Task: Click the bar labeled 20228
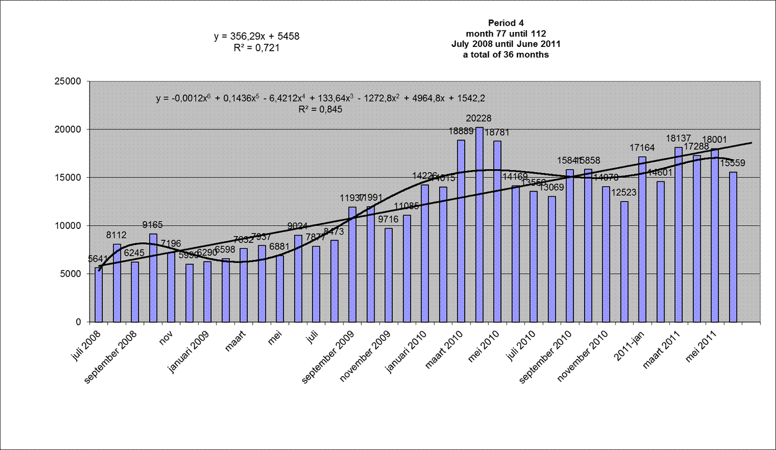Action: (479, 224)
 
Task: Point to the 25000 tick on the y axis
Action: (69, 81)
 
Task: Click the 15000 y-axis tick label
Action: (69, 178)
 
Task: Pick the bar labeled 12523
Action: (624, 261)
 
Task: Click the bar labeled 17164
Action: (642, 239)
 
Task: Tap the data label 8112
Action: (116, 235)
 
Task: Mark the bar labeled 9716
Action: (389, 275)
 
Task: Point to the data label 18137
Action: (678, 138)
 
